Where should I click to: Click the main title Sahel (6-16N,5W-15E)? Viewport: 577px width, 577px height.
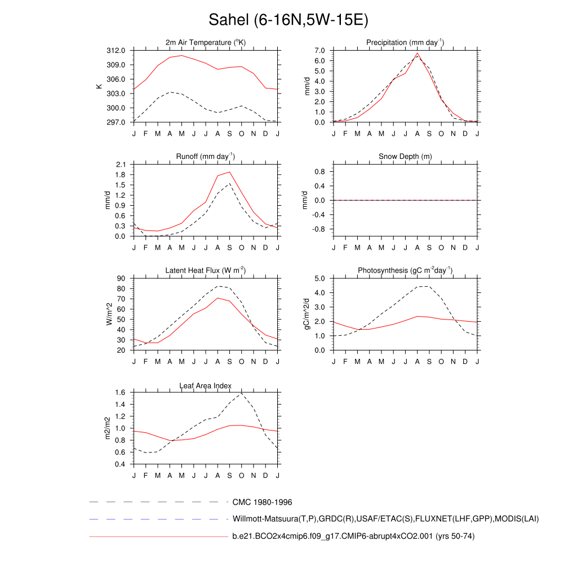click(288, 21)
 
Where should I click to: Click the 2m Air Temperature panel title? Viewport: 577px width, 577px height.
click(206, 43)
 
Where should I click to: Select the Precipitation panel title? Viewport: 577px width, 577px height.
click(405, 43)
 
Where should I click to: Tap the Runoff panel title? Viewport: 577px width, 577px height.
click(206, 157)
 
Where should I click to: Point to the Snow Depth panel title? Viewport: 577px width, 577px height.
click(405, 157)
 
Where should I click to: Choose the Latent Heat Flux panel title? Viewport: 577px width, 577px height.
click(206, 270)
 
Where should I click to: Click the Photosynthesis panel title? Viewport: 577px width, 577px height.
click(405, 270)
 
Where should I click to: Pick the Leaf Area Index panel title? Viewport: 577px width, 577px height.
click(206, 386)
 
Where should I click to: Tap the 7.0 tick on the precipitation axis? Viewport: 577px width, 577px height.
click(321, 51)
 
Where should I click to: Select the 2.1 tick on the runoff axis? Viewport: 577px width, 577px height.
click(121, 165)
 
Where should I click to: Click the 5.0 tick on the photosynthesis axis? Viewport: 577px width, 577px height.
click(321, 278)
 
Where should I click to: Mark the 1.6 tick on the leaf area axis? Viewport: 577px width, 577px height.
click(121, 393)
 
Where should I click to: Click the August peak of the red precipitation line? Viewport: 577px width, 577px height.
click(418, 54)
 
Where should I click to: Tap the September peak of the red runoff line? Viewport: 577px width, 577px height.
click(230, 172)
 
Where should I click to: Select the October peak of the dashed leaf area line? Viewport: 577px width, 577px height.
click(242, 393)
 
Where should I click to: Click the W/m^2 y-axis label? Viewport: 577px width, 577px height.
click(109, 314)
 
